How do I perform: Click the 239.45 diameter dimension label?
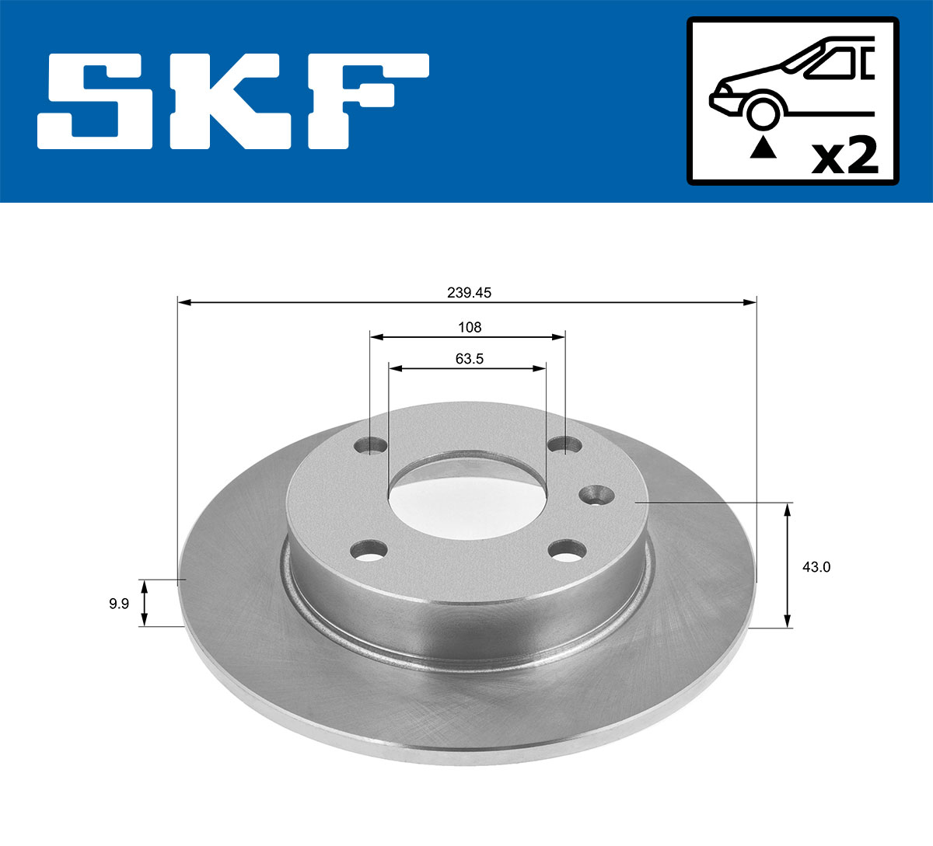[469, 293]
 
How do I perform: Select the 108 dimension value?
[470, 327]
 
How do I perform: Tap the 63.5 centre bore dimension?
[469, 359]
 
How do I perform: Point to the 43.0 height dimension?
[816, 567]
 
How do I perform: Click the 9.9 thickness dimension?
[119, 604]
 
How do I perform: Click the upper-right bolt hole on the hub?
[564, 445]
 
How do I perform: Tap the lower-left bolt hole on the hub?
[369, 551]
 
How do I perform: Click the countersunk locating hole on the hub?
[595, 494]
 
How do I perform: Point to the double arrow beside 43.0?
[788, 565]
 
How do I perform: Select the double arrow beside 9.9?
[144, 603]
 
